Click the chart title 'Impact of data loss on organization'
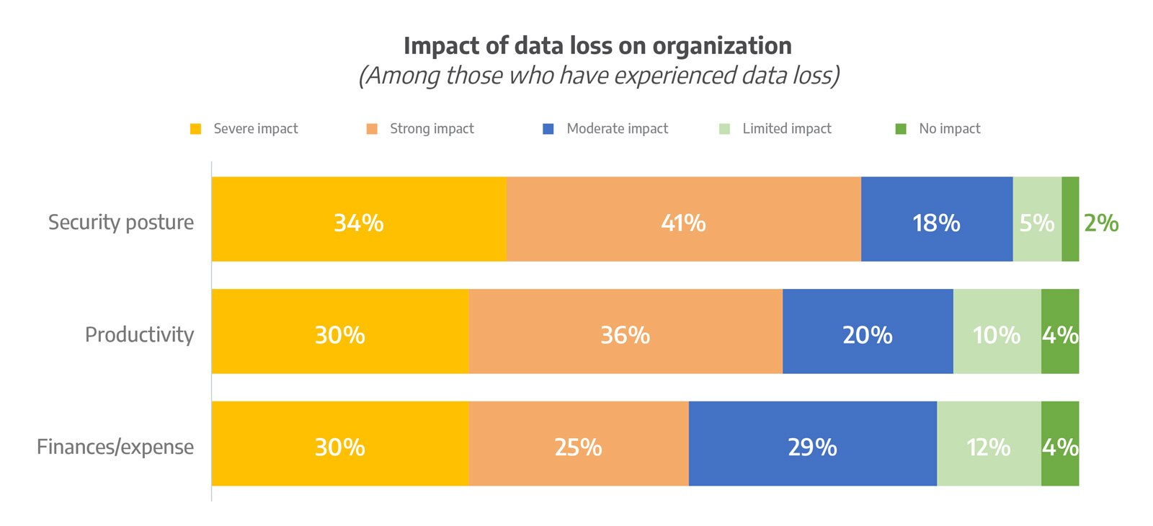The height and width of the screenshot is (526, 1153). pyautogui.click(x=597, y=46)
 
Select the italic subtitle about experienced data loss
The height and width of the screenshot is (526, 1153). pyautogui.click(x=599, y=76)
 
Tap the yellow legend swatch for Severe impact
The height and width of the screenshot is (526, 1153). pyautogui.click(x=195, y=129)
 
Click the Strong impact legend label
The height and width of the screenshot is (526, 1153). pyautogui.click(x=432, y=129)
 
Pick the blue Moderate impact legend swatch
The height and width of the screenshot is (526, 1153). pyautogui.click(x=548, y=129)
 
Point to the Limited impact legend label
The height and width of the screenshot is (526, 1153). pyautogui.click(x=787, y=129)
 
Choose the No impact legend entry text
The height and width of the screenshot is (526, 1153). pyautogui.click(x=949, y=129)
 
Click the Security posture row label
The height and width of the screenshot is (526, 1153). pyautogui.click(x=121, y=222)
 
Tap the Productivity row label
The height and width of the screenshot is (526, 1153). pyautogui.click(x=139, y=334)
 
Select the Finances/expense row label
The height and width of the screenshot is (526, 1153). pyautogui.click(x=115, y=447)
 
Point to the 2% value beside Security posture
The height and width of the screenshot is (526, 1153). pyautogui.click(x=1101, y=223)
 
